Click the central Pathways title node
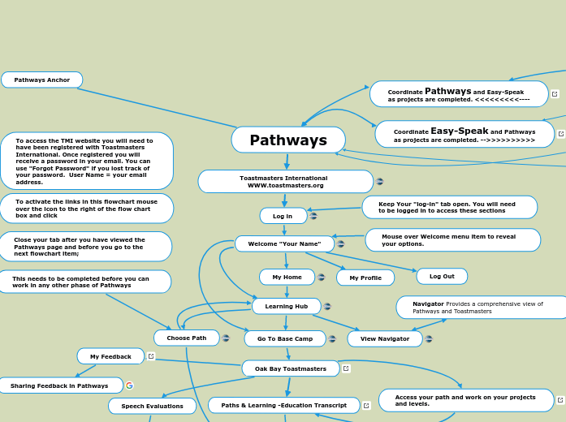point(288,140)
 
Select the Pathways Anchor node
point(42,80)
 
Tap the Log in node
point(283,216)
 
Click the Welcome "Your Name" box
point(284,243)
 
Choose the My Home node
point(287,277)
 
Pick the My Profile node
point(365,278)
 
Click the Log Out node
point(442,276)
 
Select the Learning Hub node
point(286,306)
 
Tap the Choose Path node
point(186,338)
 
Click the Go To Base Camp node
point(284,338)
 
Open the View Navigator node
point(385,338)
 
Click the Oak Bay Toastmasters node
point(290,368)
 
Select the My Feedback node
point(110,356)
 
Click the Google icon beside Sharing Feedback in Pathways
point(129,385)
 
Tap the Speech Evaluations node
point(152,406)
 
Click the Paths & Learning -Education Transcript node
point(283,405)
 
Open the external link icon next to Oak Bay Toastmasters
point(346,368)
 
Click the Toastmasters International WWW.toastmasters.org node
point(285,182)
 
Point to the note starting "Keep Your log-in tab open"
point(449,207)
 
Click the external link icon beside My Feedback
point(151,356)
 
